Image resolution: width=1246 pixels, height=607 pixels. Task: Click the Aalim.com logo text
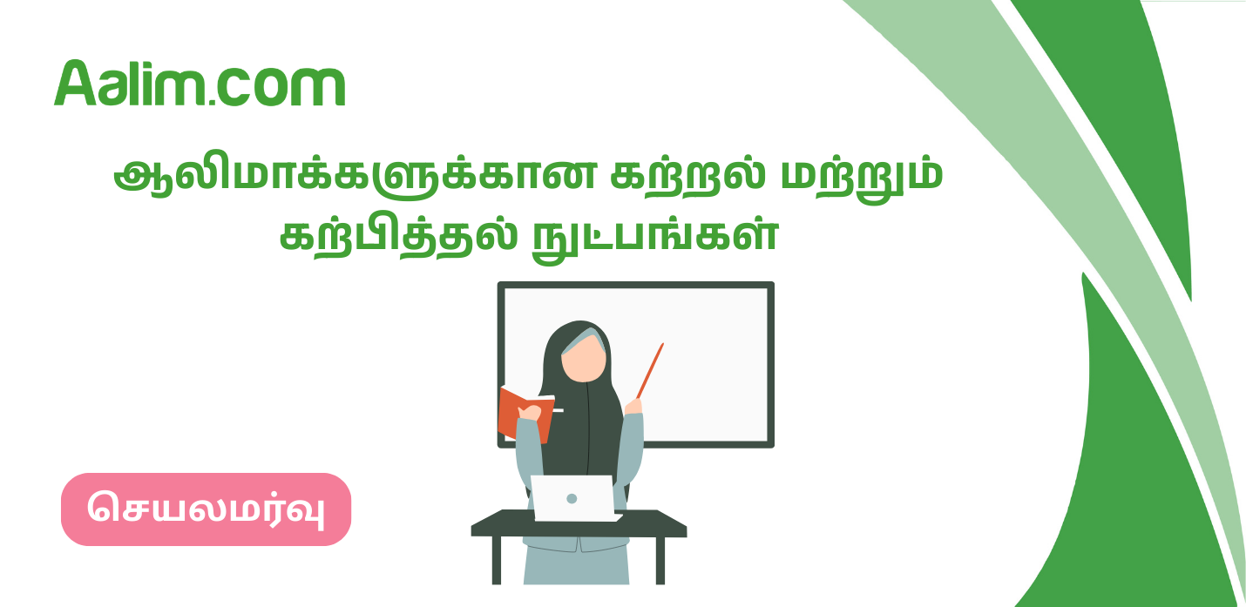point(200,84)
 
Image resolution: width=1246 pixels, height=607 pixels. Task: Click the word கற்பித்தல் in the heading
point(397,236)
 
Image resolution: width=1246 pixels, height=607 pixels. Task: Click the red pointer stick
point(650,371)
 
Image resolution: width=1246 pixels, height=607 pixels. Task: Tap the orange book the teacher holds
point(525,414)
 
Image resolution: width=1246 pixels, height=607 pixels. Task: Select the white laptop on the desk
point(574,498)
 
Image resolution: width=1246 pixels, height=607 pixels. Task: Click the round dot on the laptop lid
point(572,499)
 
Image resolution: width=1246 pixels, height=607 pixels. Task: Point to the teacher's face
point(583,359)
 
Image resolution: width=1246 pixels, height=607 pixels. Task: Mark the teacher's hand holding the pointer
point(633,406)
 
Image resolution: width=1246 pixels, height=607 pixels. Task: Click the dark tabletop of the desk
point(579,524)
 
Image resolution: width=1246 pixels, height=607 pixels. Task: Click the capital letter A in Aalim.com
point(75,83)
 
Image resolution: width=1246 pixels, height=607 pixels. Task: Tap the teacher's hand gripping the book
point(529,413)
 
